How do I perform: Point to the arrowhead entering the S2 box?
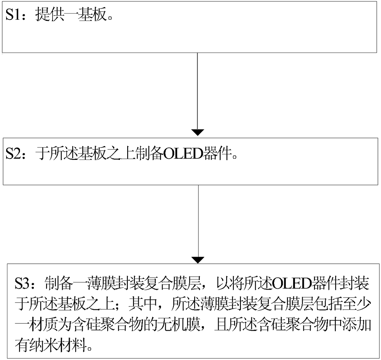[198, 133]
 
